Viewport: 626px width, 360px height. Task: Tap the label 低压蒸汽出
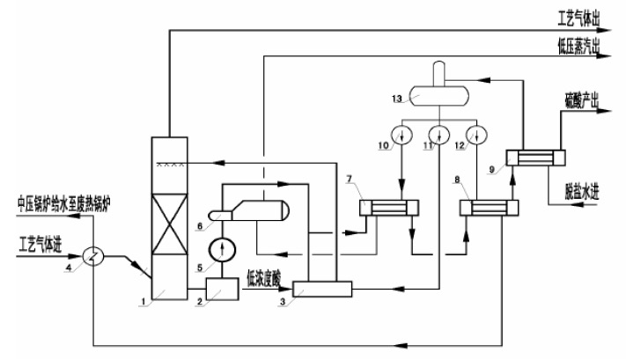[578, 45]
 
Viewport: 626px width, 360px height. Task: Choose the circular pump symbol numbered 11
[438, 136]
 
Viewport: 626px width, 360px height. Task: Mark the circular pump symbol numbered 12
[475, 136]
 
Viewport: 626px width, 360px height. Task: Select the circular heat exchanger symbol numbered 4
[93, 254]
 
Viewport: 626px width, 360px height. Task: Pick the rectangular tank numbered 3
[320, 288]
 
